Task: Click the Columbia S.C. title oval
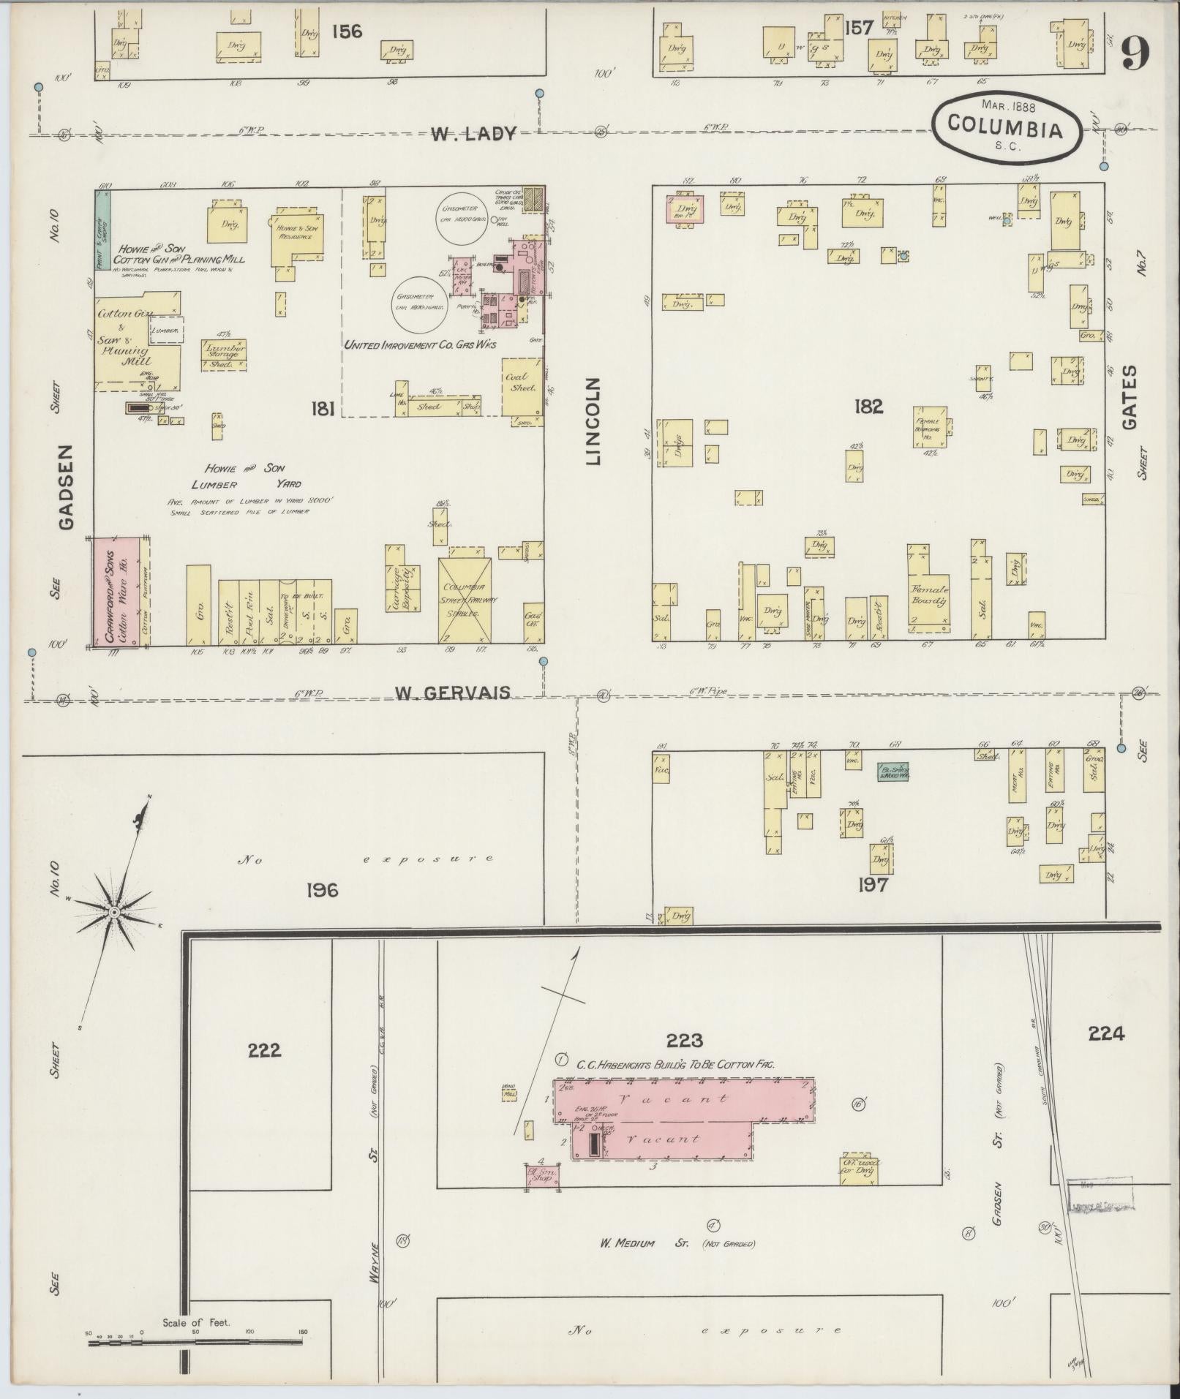pyautogui.click(x=1005, y=126)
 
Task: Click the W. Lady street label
pyautogui.click(x=473, y=134)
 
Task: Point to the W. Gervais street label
pyautogui.click(x=452, y=692)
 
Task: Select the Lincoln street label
pyautogui.click(x=593, y=421)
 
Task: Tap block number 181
pyautogui.click(x=323, y=408)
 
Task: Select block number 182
pyautogui.click(x=868, y=406)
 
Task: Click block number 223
pyautogui.click(x=685, y=1040)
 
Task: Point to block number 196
pyautogui.click(x=323, y=890)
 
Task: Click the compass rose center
pyautogui.click(x=114, y=912)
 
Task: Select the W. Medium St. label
pyautogui.click(x=626, y=1242)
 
